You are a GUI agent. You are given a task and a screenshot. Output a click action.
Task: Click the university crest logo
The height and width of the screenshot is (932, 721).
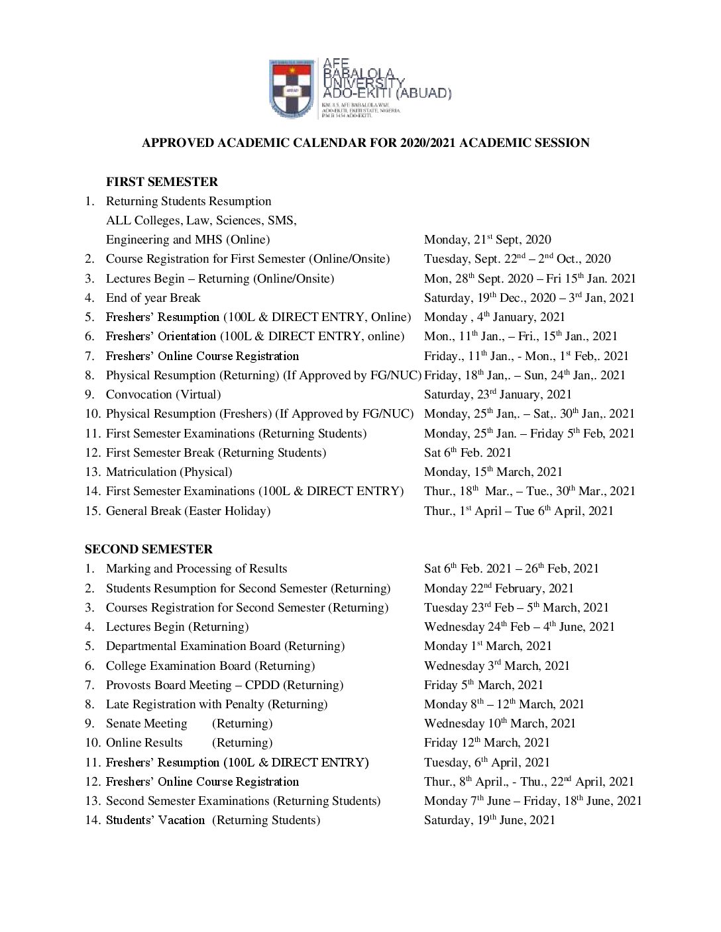click(x=292, y=89)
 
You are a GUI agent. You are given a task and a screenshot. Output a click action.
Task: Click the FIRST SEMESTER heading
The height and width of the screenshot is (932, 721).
click(x=162, y=181)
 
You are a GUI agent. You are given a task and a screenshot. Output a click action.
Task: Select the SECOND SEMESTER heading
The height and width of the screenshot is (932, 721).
click(x=148, y=549)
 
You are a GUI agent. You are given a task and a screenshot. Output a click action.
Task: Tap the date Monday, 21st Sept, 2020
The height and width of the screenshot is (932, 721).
click(x=487, y=240)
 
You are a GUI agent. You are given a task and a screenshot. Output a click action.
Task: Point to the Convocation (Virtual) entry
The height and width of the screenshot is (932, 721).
click(x=163, y=395)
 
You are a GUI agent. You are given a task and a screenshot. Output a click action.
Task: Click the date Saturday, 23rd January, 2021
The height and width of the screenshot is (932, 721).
click(x=498, y=395)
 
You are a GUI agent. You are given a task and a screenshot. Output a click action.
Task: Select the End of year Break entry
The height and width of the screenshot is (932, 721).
click(x=152, y=298)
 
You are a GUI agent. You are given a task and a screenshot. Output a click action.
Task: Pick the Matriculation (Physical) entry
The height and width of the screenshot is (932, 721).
click(x=168, y=472)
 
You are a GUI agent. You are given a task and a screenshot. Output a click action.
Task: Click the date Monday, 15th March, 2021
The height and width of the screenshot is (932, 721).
click(x=493, y=472)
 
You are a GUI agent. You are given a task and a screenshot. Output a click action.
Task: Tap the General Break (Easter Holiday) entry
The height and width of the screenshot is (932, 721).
click(x=188, y=511)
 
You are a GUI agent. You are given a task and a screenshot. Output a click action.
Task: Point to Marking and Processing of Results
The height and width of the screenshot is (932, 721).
click(x=196, y=569)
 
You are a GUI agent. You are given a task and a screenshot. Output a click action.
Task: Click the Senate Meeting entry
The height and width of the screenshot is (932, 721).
click(x=146, y=723)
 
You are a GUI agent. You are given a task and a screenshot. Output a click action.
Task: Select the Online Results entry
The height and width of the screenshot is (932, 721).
click(x=144, y=743)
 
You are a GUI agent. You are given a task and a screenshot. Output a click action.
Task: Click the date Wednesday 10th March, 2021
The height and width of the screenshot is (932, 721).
click(x=500, y=723)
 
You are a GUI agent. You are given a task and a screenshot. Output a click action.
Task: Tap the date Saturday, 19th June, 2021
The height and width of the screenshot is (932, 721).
click(x=489, y=820)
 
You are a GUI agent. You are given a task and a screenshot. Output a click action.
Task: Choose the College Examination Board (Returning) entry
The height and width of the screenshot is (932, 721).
click(x=210, y=666)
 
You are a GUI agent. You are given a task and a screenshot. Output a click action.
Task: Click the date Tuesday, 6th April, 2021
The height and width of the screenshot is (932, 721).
click(x=486, y=763)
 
